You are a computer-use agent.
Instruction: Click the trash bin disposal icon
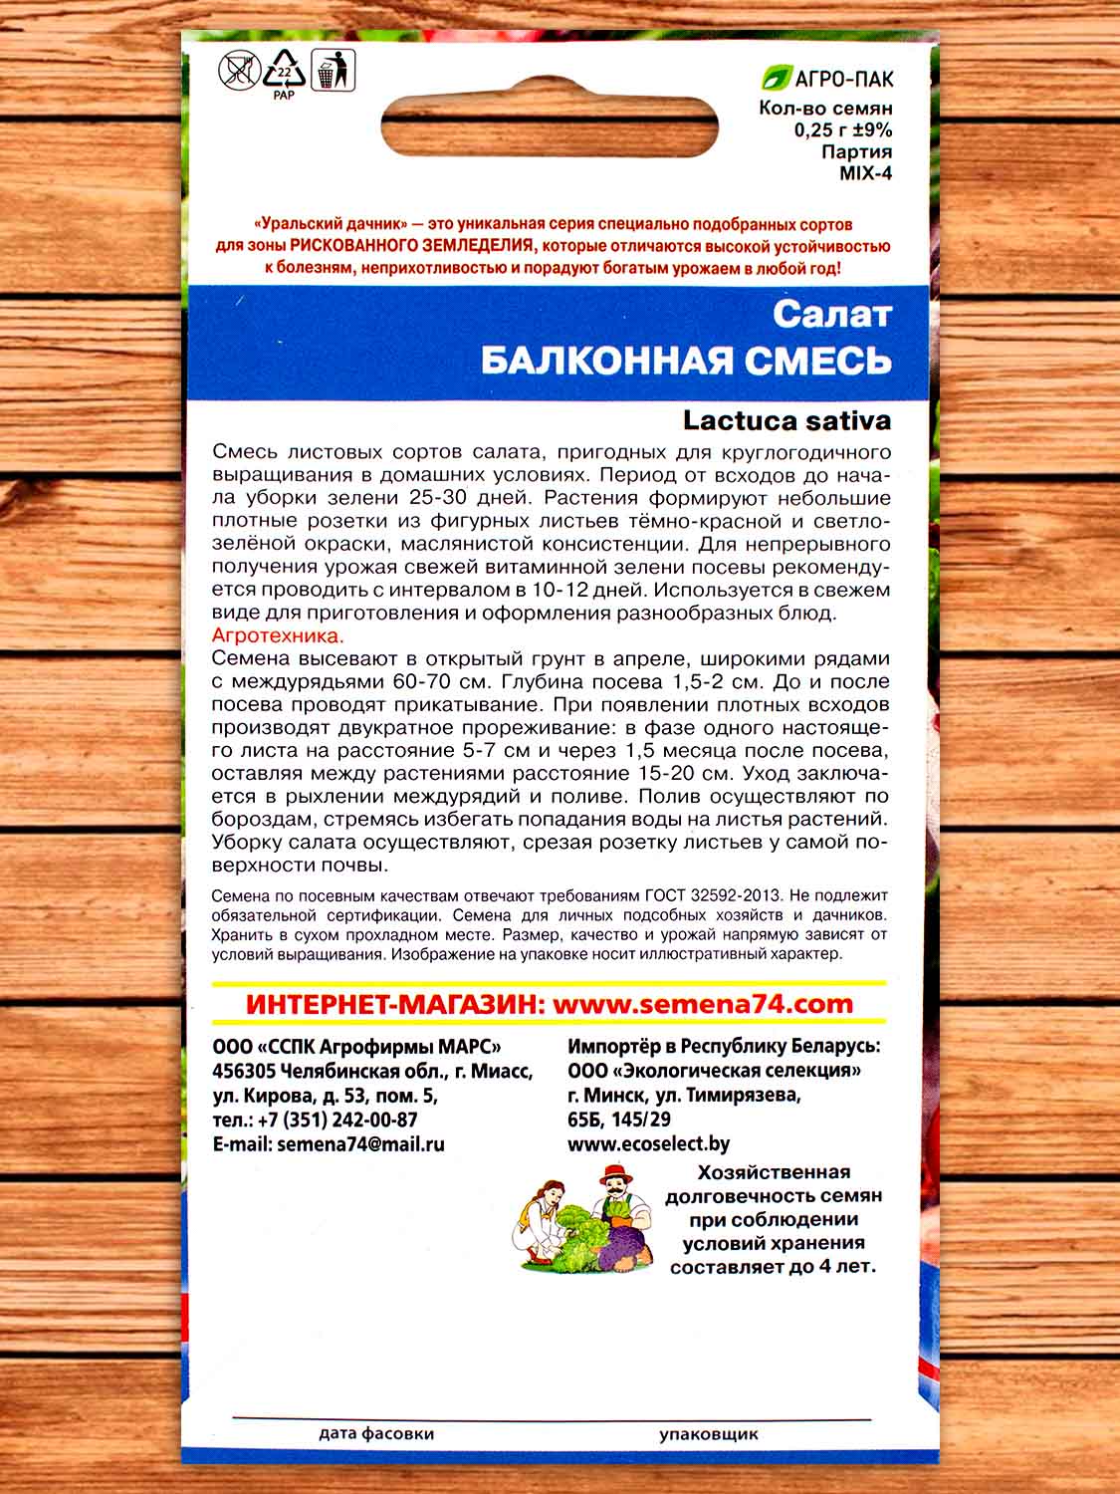(x=332, y=72)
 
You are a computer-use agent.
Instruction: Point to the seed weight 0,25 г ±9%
(x=842, y=130)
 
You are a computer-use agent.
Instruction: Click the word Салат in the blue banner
(x=832, y=315)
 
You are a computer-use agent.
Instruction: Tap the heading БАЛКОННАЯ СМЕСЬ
(x=686, y=361)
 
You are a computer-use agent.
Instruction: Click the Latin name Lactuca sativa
(x=786, y=421)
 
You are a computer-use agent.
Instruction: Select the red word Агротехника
(x=278, y=635)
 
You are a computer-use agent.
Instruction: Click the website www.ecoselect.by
(x=648, y=1144)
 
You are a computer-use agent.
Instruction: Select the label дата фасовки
(x=376, y=1434)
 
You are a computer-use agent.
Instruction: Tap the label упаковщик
(x=708, y=1434)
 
